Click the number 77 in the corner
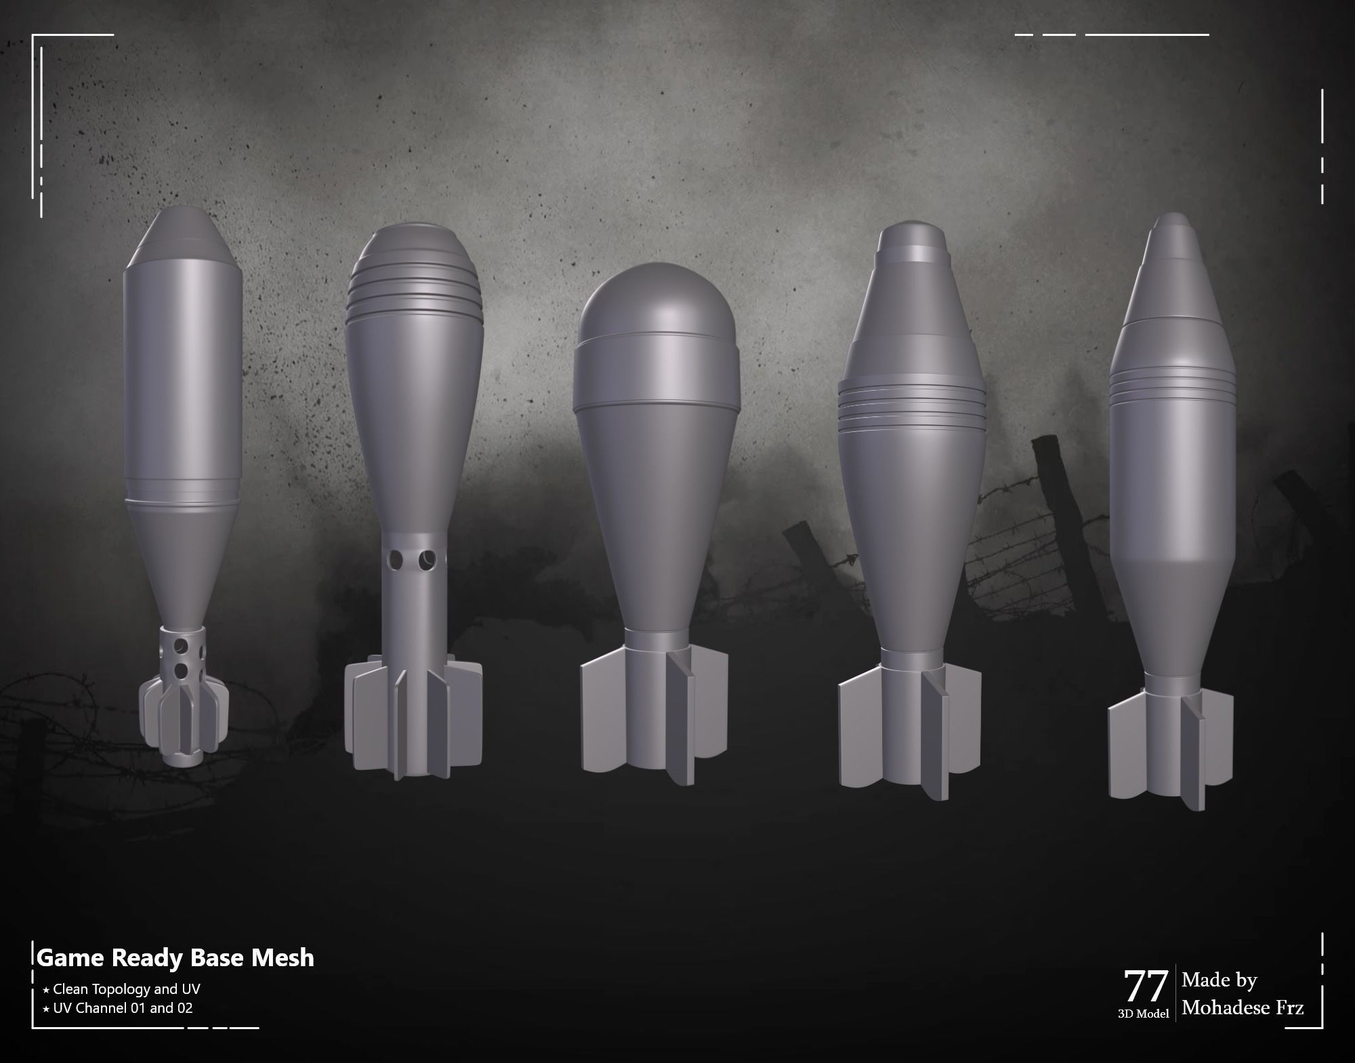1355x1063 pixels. (x=1146, y=986)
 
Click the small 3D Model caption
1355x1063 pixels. (x=1143, y=1014)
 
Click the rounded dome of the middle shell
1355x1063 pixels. (x=654, y=298)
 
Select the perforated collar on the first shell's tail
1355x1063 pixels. (x=182, y=653)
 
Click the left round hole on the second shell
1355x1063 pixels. (x=396, y=560)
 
